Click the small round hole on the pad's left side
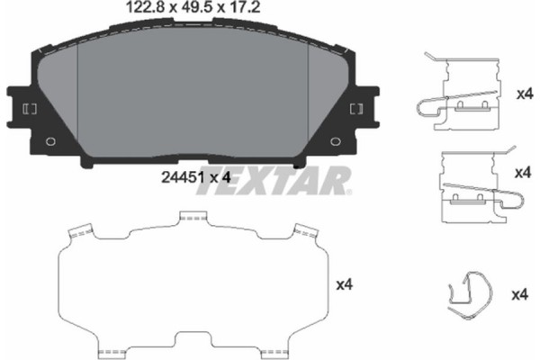[49, 140]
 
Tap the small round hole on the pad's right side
[337, 140]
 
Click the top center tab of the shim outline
[193, 217]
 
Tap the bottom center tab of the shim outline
[193, 349]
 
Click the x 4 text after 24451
[221, 178]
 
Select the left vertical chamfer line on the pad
[79, 99]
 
